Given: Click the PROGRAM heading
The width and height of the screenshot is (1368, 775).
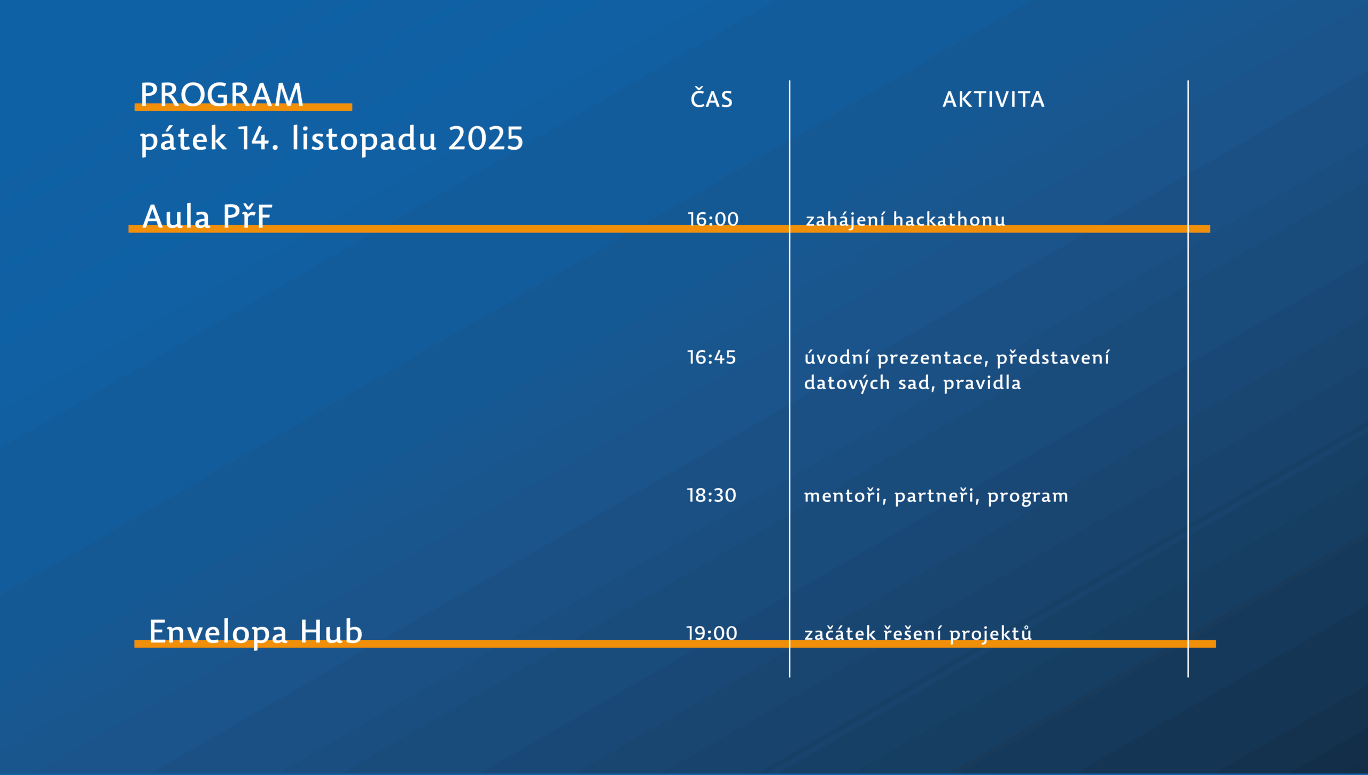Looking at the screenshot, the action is tap(222, 95).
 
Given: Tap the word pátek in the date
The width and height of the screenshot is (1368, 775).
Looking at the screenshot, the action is tap(183, 140).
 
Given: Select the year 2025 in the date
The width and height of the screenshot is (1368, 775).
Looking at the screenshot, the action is tap(486, 138).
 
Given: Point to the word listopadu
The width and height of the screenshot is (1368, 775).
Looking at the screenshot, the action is tap(364, 140).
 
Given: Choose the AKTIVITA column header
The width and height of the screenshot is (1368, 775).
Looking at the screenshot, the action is tap(993, 99).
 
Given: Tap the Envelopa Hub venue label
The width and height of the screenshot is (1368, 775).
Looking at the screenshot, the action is tap(256, 632).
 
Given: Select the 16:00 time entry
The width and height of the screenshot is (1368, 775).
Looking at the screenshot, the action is tap(713, 219).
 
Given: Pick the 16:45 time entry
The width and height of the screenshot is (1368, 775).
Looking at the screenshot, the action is tap(711, 357).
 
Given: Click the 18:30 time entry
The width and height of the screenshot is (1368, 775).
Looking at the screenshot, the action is tap(711, 495).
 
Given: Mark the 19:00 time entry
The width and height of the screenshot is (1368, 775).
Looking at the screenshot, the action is tap(712, 633).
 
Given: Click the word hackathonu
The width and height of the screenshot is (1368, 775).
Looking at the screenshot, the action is tap(949, 219).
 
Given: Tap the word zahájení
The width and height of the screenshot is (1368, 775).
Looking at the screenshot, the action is tap(845, 220).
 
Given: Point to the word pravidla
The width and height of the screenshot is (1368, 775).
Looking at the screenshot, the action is tap(982, 383).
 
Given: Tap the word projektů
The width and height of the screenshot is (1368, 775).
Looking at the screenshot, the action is tap(990, 634).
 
